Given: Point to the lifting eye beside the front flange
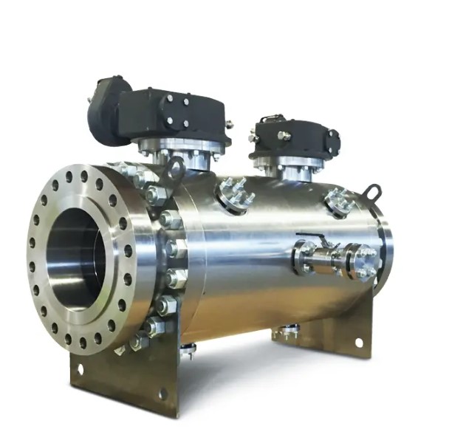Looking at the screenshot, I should [176, 169].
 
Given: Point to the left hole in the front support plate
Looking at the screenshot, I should [80, 365].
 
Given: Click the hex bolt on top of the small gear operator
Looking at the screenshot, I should [283, 136].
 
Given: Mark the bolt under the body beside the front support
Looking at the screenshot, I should [188, 349].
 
